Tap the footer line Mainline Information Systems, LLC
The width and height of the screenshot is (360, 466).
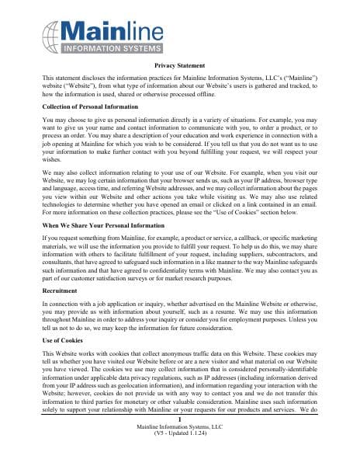click(x=180, y=449)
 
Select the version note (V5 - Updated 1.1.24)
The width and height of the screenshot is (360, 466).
click(x=180, y=456)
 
